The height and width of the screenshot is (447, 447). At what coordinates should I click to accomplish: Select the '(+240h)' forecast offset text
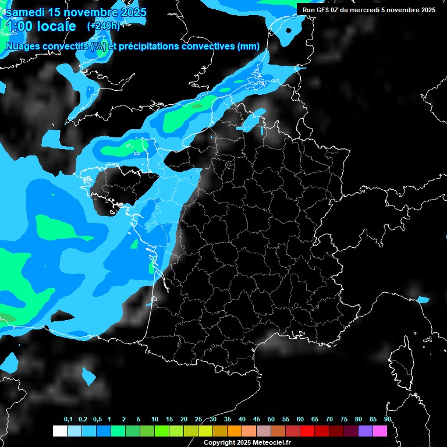pos(103,26)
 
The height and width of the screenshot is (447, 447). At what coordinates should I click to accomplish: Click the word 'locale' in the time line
pos(56,26)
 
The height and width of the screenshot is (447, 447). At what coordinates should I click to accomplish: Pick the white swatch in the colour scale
pos(59,431)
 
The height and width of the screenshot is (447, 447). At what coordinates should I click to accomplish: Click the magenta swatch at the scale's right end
pos(380,431)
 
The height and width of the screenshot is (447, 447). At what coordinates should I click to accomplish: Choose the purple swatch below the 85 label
pos(366,431)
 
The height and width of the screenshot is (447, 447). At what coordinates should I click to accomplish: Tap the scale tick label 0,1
pos(68,420)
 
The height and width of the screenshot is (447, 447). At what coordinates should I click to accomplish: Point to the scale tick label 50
pos(271,420)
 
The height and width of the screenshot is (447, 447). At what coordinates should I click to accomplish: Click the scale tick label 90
pos(388,420)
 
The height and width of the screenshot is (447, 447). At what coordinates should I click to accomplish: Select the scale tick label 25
pos(198,420)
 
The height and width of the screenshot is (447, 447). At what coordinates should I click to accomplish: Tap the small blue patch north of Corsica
pos(423,300)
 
